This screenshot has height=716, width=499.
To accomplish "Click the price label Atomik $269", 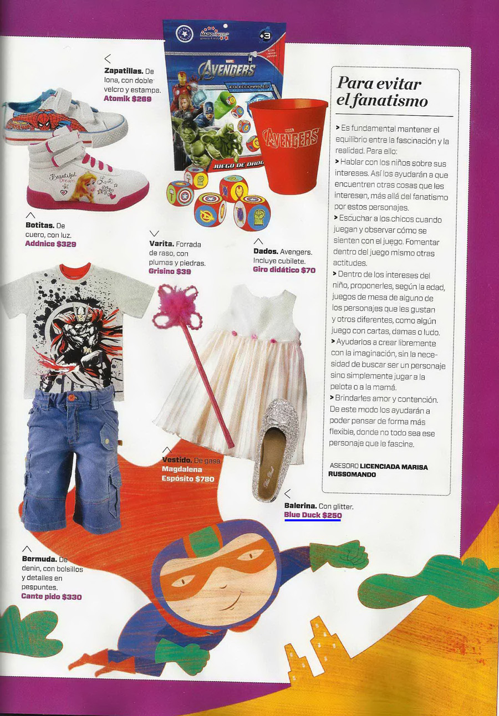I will click(x=128, y=99).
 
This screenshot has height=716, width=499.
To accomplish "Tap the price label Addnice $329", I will click(x=50, y=244).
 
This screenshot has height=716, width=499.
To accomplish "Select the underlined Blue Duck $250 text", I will click(x=313, y=515).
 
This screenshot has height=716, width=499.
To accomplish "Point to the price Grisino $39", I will click(x=170, y=272).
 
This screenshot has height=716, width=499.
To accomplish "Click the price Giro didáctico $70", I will click(x=284, y=270).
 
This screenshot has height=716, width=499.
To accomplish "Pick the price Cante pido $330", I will click(x=51, y=596).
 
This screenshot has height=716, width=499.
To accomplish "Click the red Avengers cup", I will click(x=288, y=145).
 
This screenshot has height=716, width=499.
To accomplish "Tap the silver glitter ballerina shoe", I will click(x=276, y=449).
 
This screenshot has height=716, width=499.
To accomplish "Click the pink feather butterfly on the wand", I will click(x=176, y=306).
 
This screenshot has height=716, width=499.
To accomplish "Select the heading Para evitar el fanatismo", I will click(x=382, y=92).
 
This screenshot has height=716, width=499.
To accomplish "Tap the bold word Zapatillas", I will click(x=124, y=71).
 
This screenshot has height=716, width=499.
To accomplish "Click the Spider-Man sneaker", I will click(x=64, y=118).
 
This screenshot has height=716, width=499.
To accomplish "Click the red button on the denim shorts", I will click(x=71, y=397).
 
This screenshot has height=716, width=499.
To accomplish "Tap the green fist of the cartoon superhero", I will click(x=339, y=556).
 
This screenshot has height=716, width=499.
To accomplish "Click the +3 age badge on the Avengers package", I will click(x=265, y=35).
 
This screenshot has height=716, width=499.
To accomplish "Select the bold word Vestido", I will click(x=177, y=461).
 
